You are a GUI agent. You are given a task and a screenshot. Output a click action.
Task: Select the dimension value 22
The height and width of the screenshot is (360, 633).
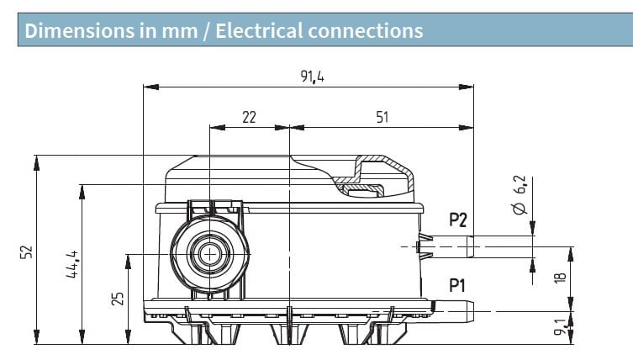point(249,118)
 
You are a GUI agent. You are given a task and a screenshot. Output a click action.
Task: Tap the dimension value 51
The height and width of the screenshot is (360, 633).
point(382,118)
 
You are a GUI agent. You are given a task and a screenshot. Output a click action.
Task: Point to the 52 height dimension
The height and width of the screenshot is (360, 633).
point(25,251)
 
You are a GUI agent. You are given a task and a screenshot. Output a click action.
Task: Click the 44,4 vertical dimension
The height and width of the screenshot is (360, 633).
point(71,264)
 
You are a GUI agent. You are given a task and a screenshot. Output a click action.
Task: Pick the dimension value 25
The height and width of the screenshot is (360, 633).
point(117,297)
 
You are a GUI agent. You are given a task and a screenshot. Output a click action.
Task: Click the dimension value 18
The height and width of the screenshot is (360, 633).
point(561,275)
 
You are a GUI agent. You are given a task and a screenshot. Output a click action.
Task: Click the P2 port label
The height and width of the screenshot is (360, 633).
point(457,221)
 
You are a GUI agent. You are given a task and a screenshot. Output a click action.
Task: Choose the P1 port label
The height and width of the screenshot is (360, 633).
point(457,285)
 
